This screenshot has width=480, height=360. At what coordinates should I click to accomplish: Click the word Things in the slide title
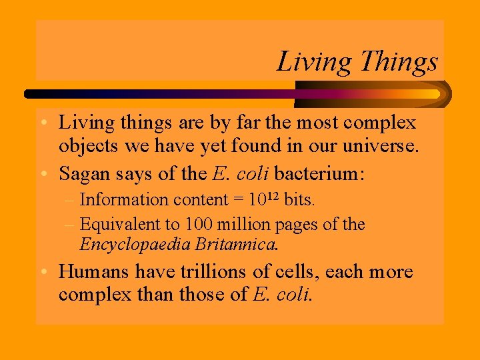point(399,62)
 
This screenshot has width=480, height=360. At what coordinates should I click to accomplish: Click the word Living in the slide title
point(313,62)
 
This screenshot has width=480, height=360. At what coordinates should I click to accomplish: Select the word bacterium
point(319,174)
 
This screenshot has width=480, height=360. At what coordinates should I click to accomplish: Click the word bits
point(300,199)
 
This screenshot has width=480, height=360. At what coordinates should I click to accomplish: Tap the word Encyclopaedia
point(135,245)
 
